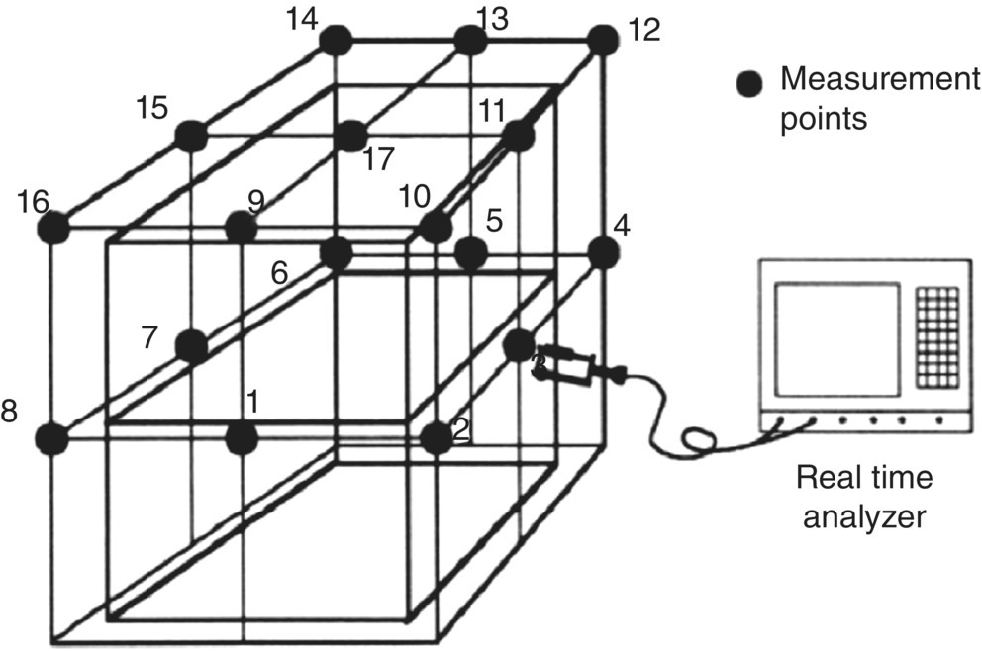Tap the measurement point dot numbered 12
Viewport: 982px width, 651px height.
tap(602, 40)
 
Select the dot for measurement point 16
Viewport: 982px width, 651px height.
tap(54, 228)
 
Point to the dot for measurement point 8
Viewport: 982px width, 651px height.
tap(54, 436)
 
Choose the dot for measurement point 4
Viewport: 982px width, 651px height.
tap(602, 252)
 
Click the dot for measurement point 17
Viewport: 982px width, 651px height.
tap(349, 136)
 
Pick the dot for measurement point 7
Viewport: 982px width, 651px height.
tap(191, 346)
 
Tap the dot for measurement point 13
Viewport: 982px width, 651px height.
tap(470, 40)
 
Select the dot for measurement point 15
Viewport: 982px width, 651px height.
tap(189, 135)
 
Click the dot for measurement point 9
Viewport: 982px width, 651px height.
tap(241, 228)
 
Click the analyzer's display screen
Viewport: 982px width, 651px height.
tap(837, 337)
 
